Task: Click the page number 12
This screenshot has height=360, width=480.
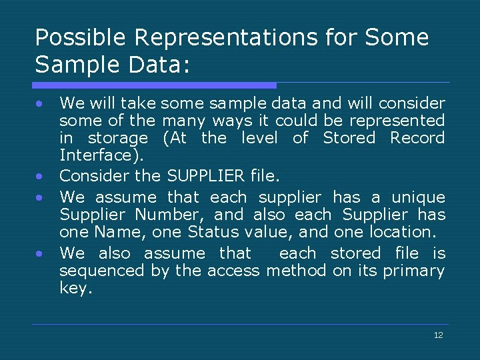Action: (438, 335)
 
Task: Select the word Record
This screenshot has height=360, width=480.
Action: (417, 138)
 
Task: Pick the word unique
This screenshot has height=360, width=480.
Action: (418, 197)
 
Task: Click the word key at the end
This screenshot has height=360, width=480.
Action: (74, 288)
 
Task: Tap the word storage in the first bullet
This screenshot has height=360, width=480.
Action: (118, 138)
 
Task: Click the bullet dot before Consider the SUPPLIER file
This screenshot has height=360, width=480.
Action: (41, 177)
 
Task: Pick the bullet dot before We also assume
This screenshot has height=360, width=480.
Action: (41, 254)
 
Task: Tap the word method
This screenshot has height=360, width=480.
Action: (295, 271)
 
